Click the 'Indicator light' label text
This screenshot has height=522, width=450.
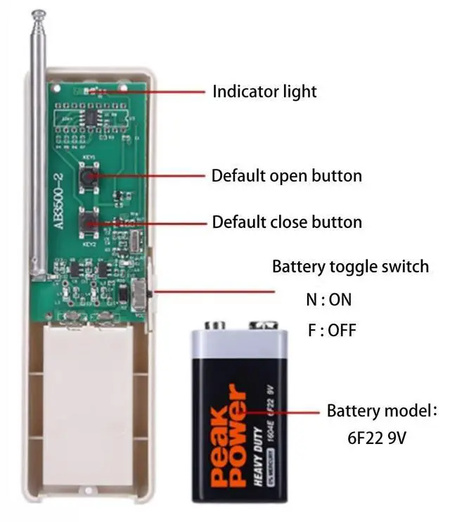click(264, 91)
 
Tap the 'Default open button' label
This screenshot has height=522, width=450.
click(287, 175)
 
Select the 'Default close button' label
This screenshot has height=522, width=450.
click(287, 222)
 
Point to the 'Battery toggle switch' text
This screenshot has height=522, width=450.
click(350, 267)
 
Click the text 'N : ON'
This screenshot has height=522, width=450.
click(328, 299)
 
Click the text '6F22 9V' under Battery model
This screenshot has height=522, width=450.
click(377, 438)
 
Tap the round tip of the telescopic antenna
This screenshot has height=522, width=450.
click(37, 13)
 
